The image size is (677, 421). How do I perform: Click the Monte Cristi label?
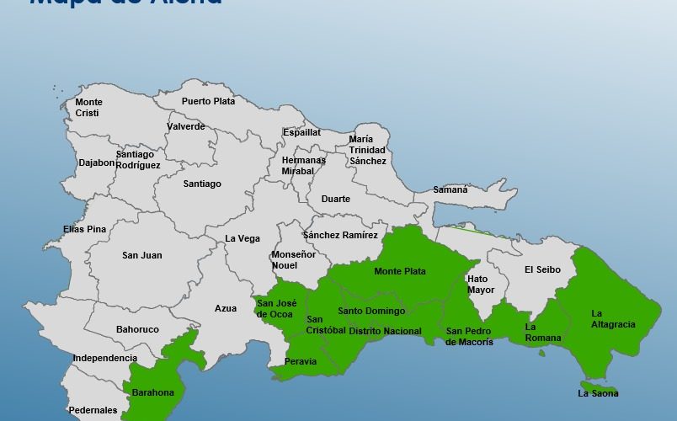coord(88,108)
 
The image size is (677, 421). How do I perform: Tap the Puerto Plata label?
coord(208,101)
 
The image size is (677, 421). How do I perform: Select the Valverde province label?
coord(185,126)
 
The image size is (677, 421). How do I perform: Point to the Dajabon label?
coord(97,163)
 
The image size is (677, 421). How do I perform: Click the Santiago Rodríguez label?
coord(138,160)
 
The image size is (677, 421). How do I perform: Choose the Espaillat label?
coord(301,132)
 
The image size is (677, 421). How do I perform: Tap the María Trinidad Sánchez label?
coord(368,150)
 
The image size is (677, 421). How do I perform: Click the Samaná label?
coord(450,189)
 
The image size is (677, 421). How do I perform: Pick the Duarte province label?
coord(336,200)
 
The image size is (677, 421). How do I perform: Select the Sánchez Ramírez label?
coord(340,235)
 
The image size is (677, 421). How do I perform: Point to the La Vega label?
coord(243,238)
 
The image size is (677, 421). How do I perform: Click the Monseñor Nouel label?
coord(293,259)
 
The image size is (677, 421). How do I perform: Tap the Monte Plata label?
coord(400,271)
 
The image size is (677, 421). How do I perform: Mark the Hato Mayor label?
coord(481,285)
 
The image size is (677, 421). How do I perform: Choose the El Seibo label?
coord(542,269)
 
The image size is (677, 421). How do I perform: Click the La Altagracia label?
coord(613,318)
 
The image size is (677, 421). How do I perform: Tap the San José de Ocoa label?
coord(276,309)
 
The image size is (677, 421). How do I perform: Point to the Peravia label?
coord(301,361)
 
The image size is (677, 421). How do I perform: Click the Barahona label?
coord(152,392)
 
